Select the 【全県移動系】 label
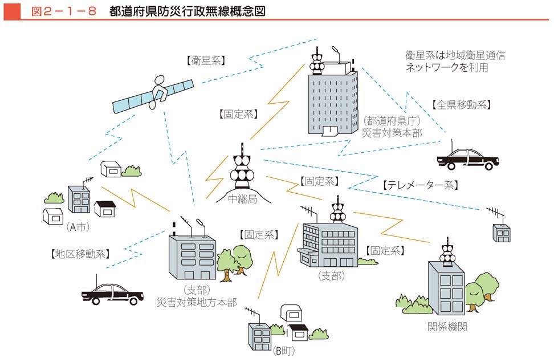(x=461, y=105)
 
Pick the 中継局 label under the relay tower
(x=242, y=200)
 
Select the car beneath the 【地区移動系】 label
(x=112, y=293)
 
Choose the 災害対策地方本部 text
(x=197, y=302)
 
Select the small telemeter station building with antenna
(x=501, y=231)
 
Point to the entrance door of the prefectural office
(x=331, y=132)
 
